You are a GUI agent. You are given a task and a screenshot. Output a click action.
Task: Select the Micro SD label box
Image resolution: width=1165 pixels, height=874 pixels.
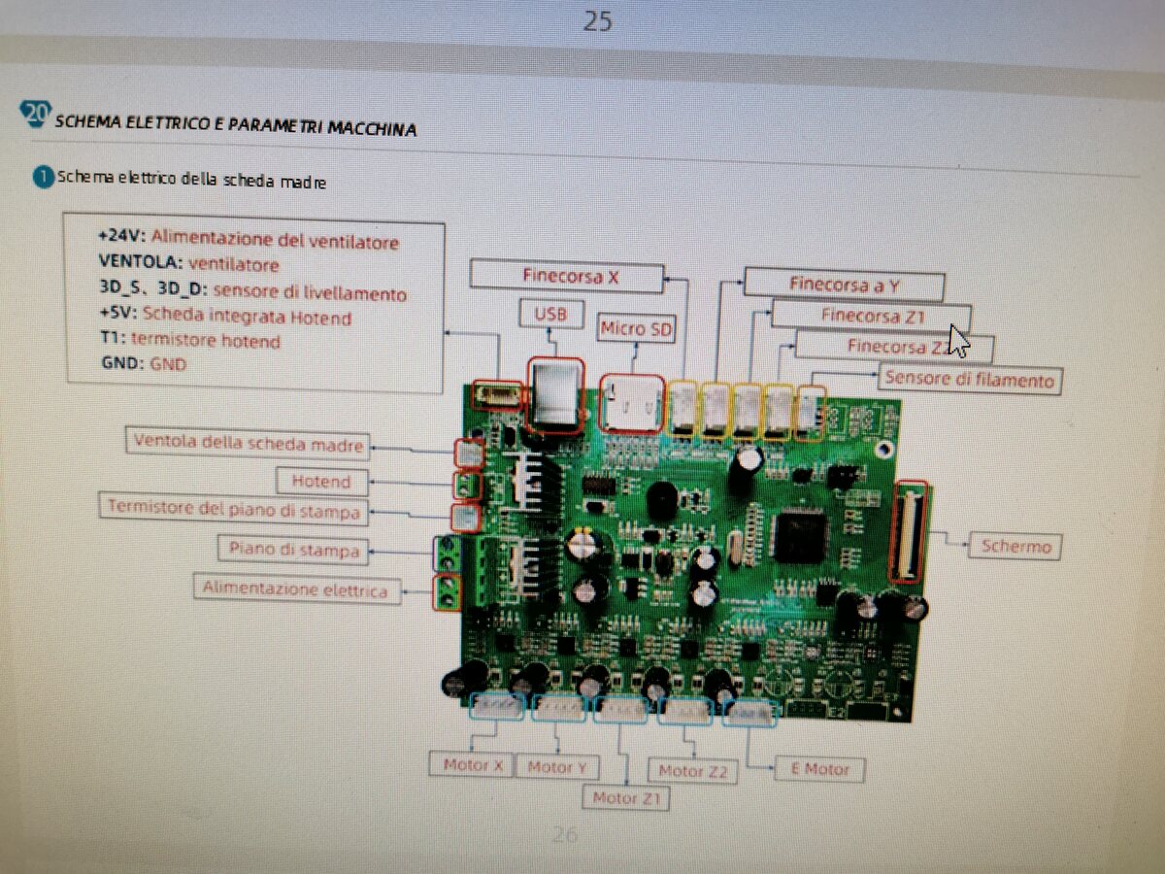click(636, 328)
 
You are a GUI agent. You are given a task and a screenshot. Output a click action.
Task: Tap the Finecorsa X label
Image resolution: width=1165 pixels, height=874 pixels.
click(567, 275)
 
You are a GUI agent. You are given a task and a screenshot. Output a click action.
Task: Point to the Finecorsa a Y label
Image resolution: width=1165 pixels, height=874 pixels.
click(843, 285)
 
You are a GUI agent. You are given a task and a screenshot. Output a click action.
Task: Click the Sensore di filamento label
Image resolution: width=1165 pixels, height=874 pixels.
click(968, 380)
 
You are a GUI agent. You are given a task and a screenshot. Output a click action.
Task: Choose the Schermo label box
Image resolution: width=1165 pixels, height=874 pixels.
click(1015, 546)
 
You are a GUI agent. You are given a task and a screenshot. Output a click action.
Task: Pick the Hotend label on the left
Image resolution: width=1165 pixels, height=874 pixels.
click(320, 481)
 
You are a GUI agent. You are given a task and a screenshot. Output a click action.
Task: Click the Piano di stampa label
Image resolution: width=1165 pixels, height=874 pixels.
click(293, 550)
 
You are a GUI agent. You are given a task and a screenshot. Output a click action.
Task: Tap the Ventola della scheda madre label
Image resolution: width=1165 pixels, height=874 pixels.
click(249, 444)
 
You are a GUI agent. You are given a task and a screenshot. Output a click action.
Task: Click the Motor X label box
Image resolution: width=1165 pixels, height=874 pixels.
click(472, 765)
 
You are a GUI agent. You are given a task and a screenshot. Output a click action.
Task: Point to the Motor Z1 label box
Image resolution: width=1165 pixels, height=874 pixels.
click(626, 798)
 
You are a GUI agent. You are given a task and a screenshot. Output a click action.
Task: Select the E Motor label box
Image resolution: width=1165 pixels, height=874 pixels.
click(819, 769)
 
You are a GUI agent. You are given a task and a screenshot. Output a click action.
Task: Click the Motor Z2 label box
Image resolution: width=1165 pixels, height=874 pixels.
click(693, 771)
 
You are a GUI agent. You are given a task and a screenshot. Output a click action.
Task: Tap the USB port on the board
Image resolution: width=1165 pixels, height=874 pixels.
click(555, 395)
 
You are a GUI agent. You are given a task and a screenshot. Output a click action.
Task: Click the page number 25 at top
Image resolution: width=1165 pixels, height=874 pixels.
click(597, 20)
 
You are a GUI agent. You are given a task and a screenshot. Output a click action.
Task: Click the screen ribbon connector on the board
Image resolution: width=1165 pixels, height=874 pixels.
click(909, 531)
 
